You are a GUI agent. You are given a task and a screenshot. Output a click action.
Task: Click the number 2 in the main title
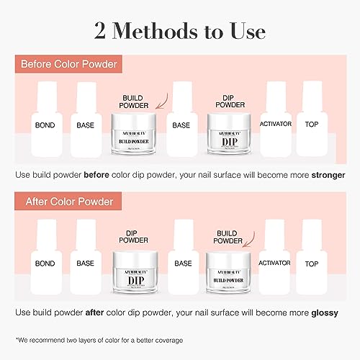click(102, 32)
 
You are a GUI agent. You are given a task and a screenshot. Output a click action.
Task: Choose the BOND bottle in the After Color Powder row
click(45, 259)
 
